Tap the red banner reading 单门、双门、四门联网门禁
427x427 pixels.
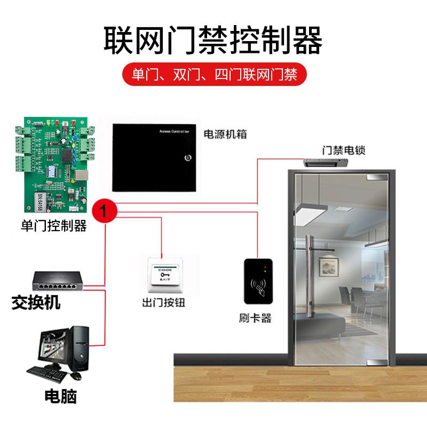[x=213, y=74]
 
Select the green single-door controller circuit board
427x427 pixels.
[x=55, y=163]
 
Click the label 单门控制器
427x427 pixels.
[x=53, y=226]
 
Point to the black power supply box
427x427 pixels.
[x=153, y=157]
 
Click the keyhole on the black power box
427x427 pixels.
[x=187, y=158]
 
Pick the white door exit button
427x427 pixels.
[x=165, y=273]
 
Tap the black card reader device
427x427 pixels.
[x=259, y=284]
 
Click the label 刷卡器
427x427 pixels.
[x=255, y=319]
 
